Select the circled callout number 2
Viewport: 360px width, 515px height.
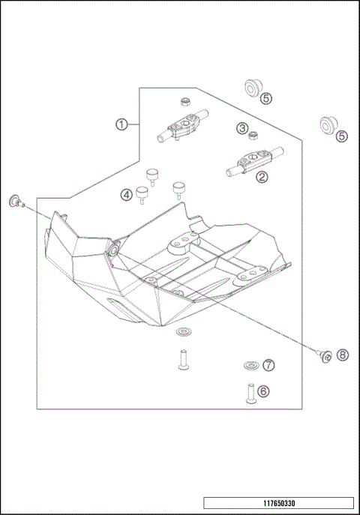click(262, 177)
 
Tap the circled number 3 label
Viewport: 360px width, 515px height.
click(242, 128)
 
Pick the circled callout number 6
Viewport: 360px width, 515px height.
click(262, 390)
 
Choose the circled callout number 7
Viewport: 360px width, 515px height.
click(268, 365)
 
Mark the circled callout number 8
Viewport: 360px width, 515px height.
click(343, 355)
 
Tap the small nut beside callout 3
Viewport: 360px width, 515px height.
click(255, 135)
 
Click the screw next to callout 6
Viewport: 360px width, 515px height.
click(248, 392)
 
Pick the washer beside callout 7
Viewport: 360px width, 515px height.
click(248, 366)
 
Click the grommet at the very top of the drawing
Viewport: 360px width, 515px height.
click(249, 90)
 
